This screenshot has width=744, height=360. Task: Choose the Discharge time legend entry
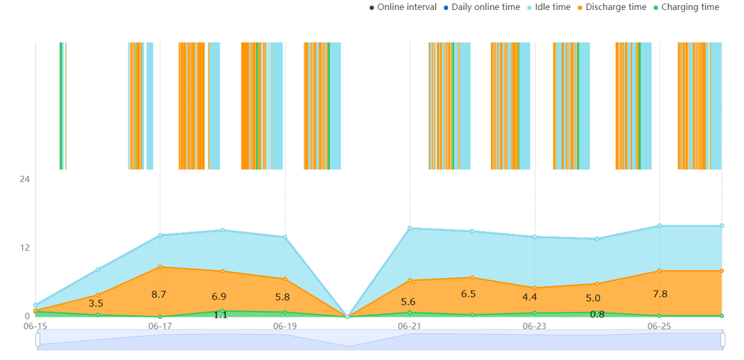pos(615,7)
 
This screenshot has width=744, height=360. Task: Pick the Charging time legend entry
pos(689,7)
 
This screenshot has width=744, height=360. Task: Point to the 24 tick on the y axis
pos(24,179)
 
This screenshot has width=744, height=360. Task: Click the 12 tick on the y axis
pos(24,247)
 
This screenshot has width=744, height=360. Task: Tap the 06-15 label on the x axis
pos(35,326)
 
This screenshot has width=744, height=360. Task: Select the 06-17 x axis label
pos(160,326)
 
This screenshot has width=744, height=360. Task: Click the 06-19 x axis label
pos(285,326)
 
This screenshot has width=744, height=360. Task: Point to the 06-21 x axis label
pos(410,326)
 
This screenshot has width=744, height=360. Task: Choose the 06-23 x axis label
pos(534,326)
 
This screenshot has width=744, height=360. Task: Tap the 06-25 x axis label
pos(659,326)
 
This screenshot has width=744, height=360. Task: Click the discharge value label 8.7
pos(159,294)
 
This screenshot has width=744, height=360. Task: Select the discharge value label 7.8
pos(659,293)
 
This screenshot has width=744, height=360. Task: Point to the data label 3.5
pos(96,303)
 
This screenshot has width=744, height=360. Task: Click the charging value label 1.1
pos(220,315)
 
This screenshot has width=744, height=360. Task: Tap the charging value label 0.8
pos(597,314)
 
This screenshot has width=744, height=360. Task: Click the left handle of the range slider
pos(38,340)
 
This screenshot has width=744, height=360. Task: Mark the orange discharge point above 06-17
pos(160,266)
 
